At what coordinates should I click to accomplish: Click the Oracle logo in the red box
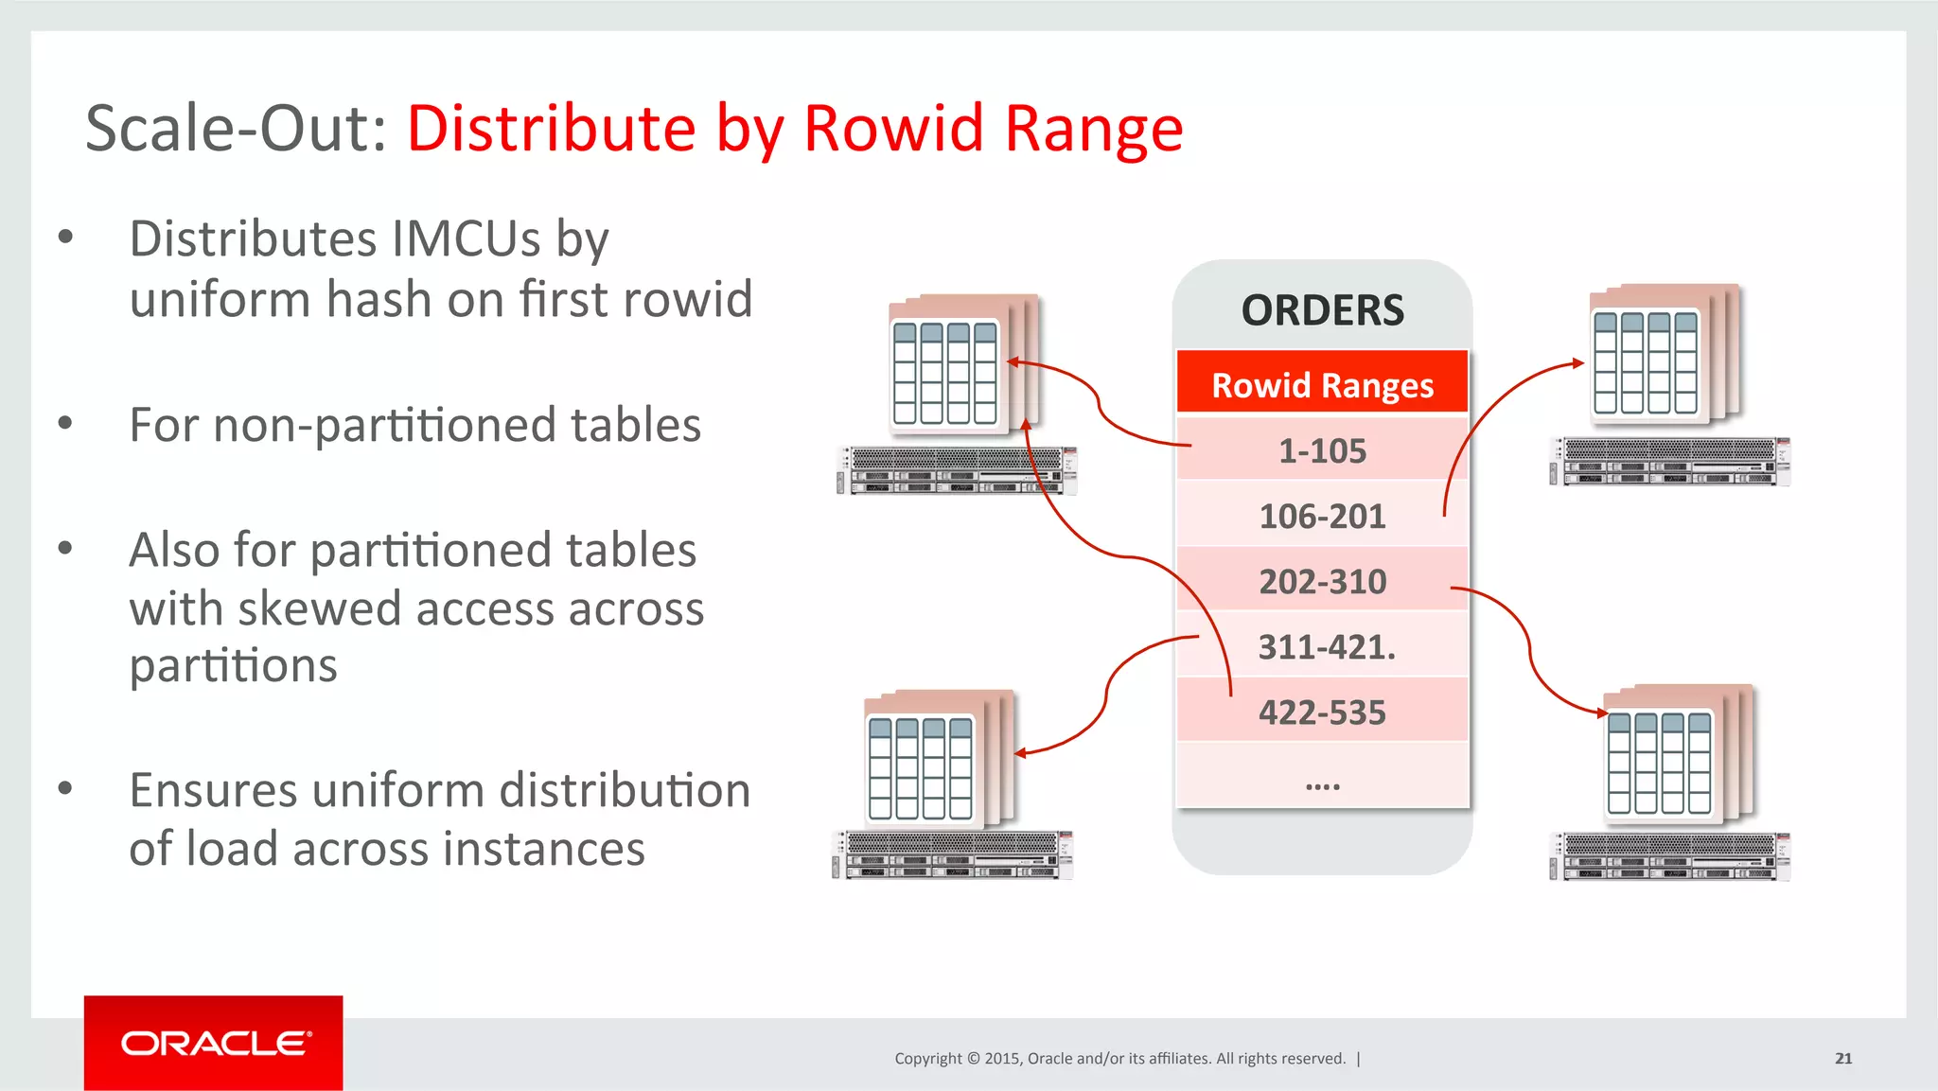(214, 1043)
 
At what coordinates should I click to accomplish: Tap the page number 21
(1842, 1058)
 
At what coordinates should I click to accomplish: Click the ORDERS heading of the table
(1322, 310)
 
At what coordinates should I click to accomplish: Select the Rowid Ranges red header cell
(1322, 384)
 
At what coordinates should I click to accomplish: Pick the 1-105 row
(1322, 450)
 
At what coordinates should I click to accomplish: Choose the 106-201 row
(1322, 516)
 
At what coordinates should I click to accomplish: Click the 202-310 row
(1322, 581)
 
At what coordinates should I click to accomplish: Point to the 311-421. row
(1326, 646)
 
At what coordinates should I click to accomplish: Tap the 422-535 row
(1322, 712)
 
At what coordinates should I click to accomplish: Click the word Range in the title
(1093, 129)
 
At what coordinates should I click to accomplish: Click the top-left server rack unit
(957, 470)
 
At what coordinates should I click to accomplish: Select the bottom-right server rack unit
(1669, 856)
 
